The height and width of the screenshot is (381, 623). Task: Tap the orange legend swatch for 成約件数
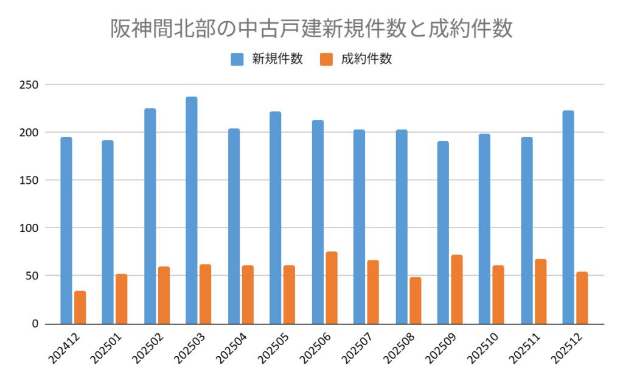(x=326, y=59)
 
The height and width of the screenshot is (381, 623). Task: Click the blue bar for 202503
(x=192, y=210)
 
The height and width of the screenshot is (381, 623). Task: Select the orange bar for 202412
(x=80, y=307)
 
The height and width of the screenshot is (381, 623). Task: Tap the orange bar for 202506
(x=332, y=288)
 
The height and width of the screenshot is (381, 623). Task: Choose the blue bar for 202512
(x=568, y=217)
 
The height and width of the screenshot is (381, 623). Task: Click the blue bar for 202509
(x=443, y=232)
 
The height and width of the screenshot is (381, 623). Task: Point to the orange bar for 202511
(x=541, y=292)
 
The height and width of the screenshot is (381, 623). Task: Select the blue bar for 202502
(x=150, y=216)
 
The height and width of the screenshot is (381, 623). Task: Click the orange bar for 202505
(x=290, y=295)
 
